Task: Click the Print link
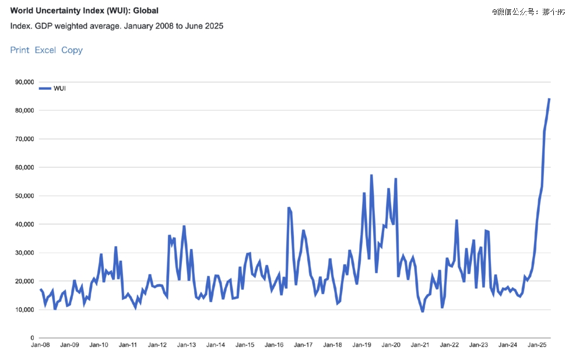pyautogui.click(x=20, y=50)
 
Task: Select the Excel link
pyautogui.click(x=45, y=50)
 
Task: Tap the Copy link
pyautogui.click(x=72, y=50)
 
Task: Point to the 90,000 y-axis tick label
pyautogui.click(x=24, y=82)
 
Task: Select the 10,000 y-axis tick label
pyautogui.click(x=24, y=310)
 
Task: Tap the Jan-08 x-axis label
pyautogui.click(x=40, y=345)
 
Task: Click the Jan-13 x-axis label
pyautogui.click(x=187, y=345)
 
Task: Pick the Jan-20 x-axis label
pyautogui.click(x=391, y=345)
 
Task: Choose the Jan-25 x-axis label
pyautogui.click(x=537, y=345)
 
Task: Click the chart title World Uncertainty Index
pyautogui.click(x=84, y=11)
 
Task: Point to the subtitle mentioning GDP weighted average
pyautogui.click(x=117, y=26)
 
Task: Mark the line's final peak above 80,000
pyautogui.click(x=549, y=99)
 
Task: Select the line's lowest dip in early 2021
pyautogui.click(x=423, y=311)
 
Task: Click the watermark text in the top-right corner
pyautogui.click(x=528, y=11)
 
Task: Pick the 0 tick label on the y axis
pyautogui.click(x=33, y=338)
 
